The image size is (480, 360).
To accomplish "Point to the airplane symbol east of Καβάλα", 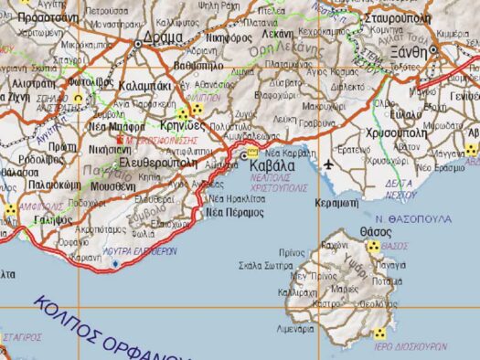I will point(328,164).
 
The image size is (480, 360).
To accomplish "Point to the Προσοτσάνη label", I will point(46,16).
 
